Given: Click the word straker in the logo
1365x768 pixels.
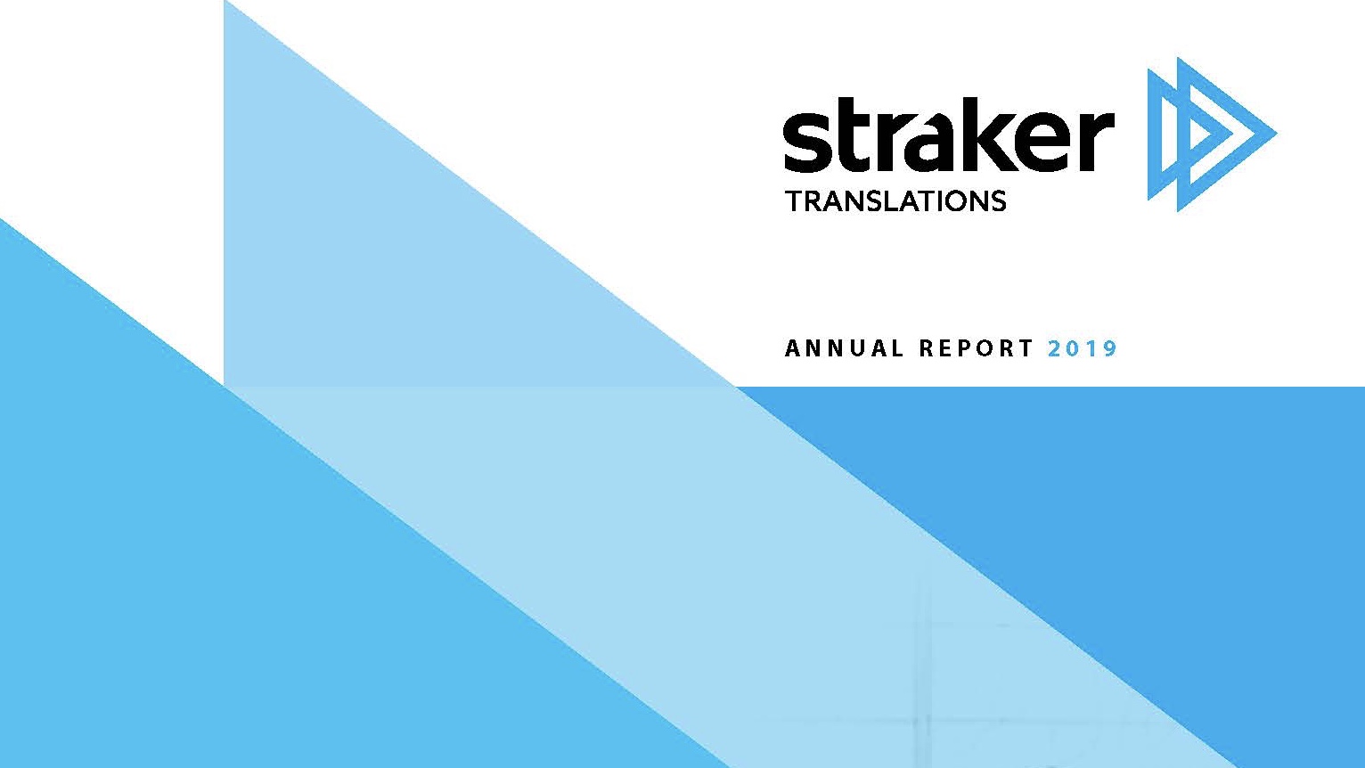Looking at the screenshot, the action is point(949,135).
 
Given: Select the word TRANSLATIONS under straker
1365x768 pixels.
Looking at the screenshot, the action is point(895,201).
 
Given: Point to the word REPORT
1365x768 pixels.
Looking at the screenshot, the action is point(976,348).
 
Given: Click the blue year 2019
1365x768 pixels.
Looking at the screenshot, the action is point(1083,348).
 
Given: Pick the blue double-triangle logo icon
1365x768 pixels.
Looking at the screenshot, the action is point(1212,135).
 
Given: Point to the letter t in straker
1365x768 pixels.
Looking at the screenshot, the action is point(854,137).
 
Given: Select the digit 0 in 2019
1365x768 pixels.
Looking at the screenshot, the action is point(1074,348).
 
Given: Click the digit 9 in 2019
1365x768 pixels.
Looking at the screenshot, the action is point(1109,348).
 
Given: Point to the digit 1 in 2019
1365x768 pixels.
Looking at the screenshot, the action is point(1091,348).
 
